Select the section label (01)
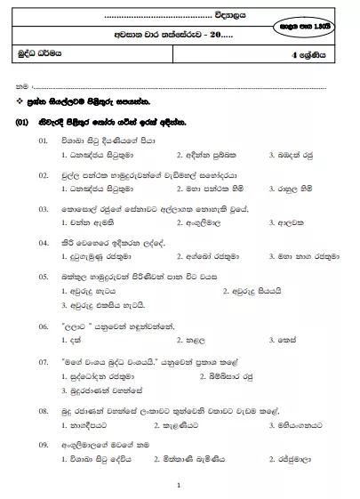pyautogui.click(x=25, y=121)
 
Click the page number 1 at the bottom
pyautogui.click(x=179, y=486)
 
